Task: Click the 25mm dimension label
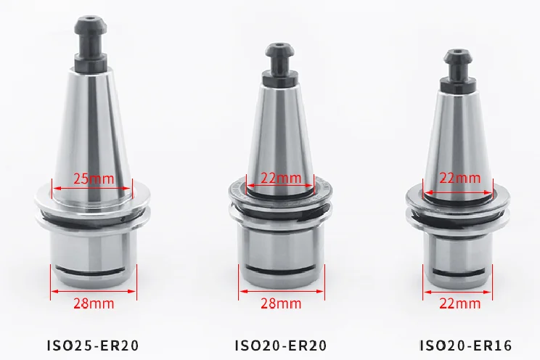tap(91, 178)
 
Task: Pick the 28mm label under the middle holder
tap(280, 302)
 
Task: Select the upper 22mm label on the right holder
tap(459, 178)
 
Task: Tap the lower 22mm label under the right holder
tap(459, 302)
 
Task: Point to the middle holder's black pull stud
tap(279, 62)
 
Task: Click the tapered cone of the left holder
tap(91, 123)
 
